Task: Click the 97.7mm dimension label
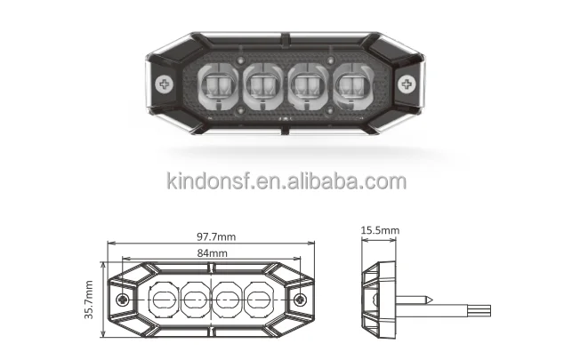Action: point(213,236)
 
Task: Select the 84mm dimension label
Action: point(213,252)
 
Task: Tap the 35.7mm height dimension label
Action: point(90,300)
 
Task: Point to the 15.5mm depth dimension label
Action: point(380,230)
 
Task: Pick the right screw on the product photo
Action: point(407,84)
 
